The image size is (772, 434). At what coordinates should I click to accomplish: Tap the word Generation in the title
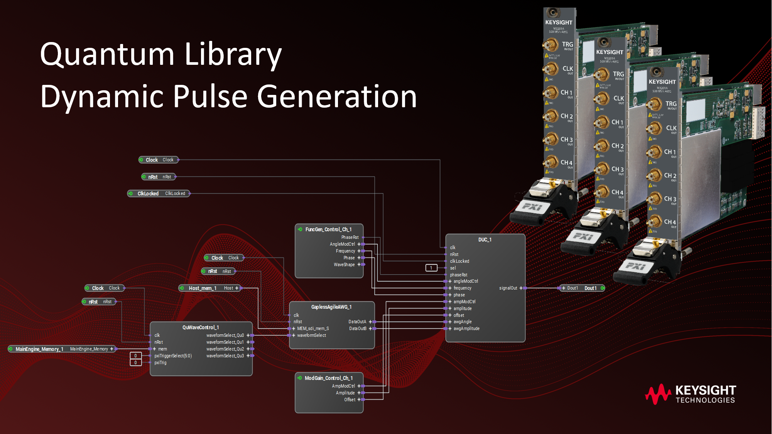click(336, 96)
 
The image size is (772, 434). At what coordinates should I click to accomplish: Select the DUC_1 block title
click(485, 240)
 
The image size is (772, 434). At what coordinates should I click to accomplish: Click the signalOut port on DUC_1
click(508, 288)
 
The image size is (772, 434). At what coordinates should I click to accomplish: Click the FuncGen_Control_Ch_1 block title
click(328, 230)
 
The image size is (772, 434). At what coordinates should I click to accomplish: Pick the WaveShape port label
click(344, 265)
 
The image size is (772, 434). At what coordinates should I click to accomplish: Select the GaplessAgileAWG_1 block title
click(331, 307)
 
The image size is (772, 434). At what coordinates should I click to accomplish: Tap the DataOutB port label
click(358, 329)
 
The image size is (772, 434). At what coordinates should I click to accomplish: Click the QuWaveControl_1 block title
click(201, 328)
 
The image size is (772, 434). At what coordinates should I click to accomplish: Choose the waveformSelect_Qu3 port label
click(225, 356)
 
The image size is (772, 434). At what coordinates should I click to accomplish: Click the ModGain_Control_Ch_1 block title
click(329, 378)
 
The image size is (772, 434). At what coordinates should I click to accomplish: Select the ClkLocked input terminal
click(159, 193)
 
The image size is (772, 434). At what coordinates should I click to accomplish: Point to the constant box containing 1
click(431, 268)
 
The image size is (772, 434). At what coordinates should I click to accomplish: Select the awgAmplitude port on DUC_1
click(466, 329)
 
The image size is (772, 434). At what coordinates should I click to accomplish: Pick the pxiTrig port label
click(160, 363)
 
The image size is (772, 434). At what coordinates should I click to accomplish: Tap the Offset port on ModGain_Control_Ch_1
click(350, 400)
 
